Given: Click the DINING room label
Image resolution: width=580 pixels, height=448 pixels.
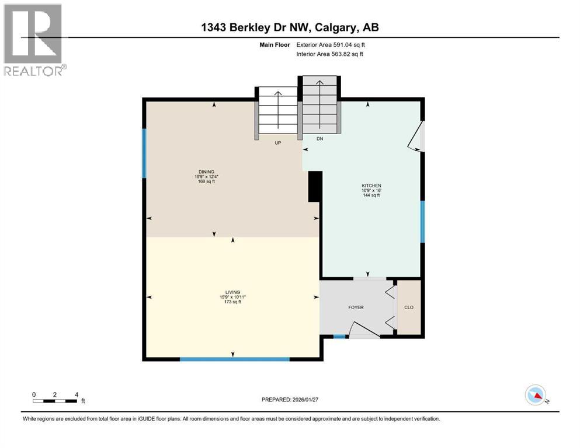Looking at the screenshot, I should tap(205, 171).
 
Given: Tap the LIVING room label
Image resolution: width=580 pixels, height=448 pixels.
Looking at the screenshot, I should tap(234, 292).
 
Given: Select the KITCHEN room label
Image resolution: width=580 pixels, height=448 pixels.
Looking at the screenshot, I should tap(371, 185).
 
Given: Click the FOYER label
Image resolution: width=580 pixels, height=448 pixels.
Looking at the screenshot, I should tap(356, 307).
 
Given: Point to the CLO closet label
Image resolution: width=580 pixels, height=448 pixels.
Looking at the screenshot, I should tap(409, 307).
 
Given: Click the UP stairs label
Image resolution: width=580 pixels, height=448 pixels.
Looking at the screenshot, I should tap(278, 143).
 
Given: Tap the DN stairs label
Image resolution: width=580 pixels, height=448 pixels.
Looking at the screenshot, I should tap(319, 139).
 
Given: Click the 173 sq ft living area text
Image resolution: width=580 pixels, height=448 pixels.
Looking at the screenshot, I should tap(234, 302).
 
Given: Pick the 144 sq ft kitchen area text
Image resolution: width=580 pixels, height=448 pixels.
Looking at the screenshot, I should tap(371, 195).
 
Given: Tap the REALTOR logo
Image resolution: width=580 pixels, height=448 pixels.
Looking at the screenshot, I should tap(34, 40).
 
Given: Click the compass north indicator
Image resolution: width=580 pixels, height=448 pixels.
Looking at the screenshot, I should tap(535, 396).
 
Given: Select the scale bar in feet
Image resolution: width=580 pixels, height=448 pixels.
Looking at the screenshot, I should tap(55, 400).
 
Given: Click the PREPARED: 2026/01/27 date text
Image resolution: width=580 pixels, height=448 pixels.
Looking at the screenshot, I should tap(290, 400).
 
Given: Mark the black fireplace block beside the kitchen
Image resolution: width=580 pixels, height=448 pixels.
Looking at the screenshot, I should tap(314, 187).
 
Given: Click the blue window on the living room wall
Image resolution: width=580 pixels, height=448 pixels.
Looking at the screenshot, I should tap(234, 359).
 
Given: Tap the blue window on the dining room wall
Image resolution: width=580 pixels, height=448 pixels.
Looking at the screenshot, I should tap(144, 153).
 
